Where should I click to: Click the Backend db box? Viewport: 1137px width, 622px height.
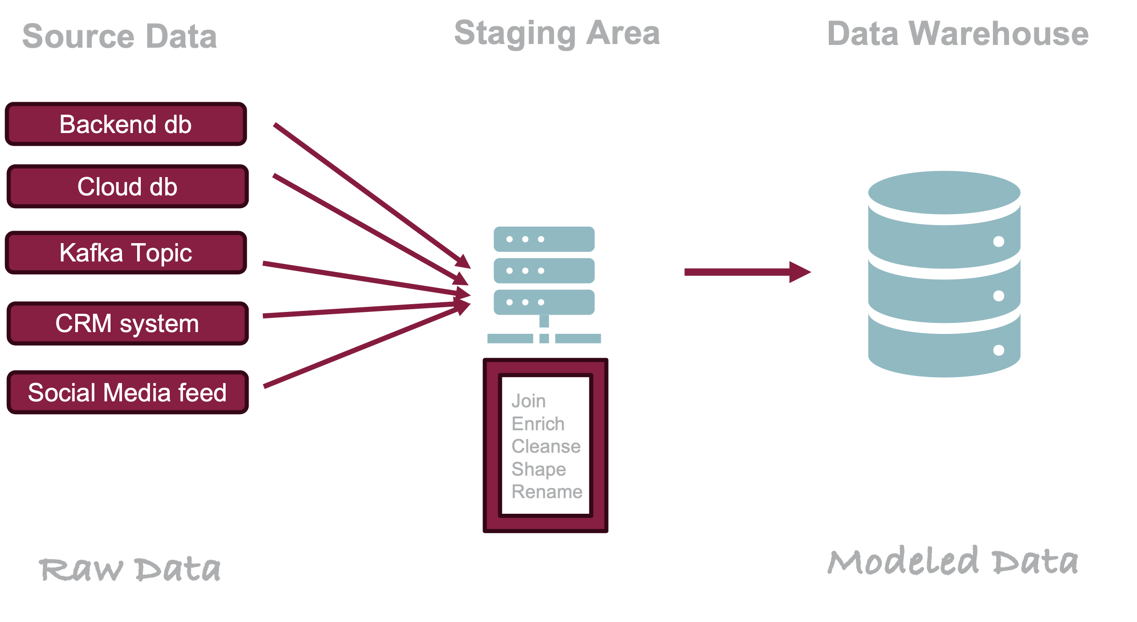(126, 124)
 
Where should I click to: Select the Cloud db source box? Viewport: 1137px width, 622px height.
(128, 186)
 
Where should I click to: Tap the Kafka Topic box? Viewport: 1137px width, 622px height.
(126, 253)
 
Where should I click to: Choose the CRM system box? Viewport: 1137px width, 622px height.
(128, 323)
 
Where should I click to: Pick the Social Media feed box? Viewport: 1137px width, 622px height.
(128, 392)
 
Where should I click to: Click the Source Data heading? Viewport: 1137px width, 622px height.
(120, 36)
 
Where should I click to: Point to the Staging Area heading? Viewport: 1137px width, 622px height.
(557, 33)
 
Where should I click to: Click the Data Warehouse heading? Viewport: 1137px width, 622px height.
(958, 33)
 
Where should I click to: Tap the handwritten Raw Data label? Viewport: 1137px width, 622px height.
(130, 569)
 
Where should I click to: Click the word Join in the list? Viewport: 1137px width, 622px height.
(528, 401)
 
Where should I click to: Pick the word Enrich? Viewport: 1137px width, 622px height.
(538, 424)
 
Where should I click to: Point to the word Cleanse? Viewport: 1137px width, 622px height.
(546, 446)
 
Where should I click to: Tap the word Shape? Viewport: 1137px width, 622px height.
(538, 469)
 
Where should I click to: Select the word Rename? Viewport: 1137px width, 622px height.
(547, 492)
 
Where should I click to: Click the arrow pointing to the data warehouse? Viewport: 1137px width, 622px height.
(748, 272)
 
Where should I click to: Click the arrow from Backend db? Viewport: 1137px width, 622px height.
(372, 196)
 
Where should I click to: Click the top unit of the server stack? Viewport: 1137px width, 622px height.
(544, 239)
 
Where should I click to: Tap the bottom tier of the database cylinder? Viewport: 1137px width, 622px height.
(944, 349)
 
